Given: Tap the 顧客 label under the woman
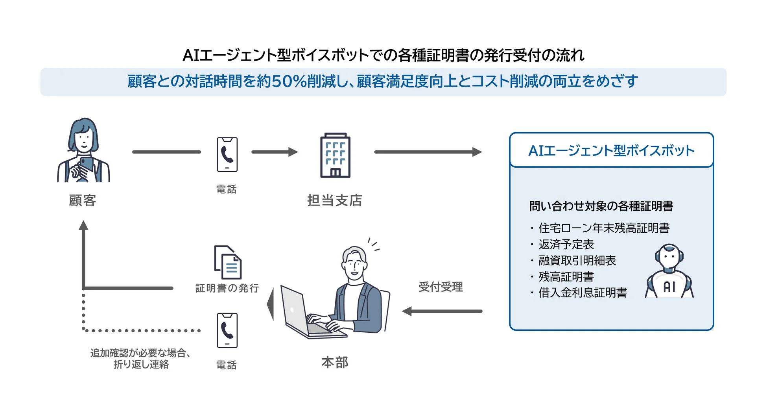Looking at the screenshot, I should (x=83, y=200).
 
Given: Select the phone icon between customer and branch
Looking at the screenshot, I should (x=227, y=154).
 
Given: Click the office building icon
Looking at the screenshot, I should (x=335, y=156).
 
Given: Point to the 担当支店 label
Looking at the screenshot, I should (x=334, y=200).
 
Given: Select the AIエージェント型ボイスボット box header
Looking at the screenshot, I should (x=611, y=150).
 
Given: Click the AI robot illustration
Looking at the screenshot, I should (x=669, y=272).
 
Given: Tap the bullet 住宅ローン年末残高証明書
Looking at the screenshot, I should (x=604, y=228).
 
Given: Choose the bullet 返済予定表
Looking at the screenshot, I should (x=566, y=244).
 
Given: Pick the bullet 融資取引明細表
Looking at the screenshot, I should (x=577, y=260).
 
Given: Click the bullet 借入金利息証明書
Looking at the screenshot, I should (x=583, y=293).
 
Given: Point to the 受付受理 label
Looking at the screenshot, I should (x=441, y=287).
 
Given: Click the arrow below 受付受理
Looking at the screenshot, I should (x=442, y=311).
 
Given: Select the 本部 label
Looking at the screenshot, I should (x=335, y=362).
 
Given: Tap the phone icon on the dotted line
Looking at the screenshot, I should (x=227, y=330).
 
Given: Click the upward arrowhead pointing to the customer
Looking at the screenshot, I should (x=83, y=225).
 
